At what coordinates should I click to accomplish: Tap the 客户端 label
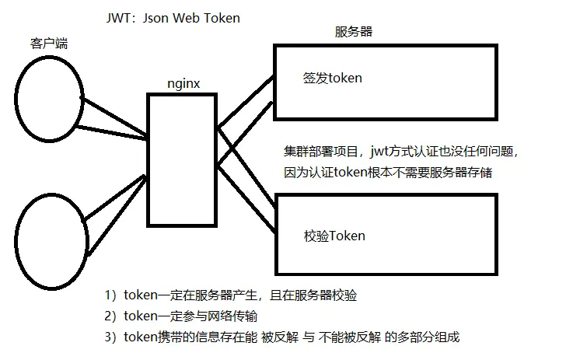click(48, 44)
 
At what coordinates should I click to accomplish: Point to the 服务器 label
click(353, 31)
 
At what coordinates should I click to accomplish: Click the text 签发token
click(332, 79)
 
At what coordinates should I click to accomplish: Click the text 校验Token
click(334, 235)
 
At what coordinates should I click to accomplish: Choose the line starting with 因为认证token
click(390, 173)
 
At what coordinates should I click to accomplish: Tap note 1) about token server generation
click(231, 295)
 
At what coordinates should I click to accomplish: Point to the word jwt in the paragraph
click(383, 150)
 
